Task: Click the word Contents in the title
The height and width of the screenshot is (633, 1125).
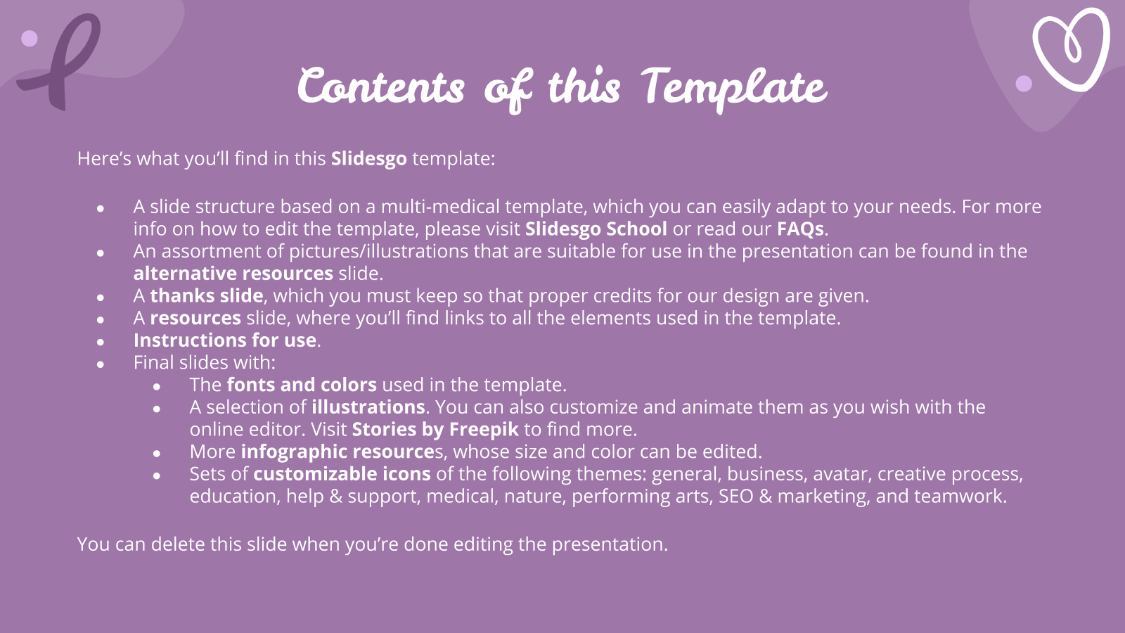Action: (x=381, y=86)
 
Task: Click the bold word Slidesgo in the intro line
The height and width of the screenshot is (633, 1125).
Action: (x=368, y=159)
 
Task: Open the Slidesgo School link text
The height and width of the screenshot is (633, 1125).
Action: (x=596, y=229)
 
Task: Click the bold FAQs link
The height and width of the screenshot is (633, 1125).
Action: (x=801, y=229)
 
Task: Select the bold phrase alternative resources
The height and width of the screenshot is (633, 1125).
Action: (x=233, y=274)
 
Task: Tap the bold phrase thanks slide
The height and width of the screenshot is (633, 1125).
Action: (x=207, y=295)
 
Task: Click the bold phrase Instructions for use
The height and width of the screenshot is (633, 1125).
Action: (x=224, y=340)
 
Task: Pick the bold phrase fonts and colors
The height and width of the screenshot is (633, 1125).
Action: (x=302, y=385)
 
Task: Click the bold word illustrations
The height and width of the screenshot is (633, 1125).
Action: (x=368, y=407)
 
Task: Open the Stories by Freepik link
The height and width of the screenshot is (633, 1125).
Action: (x=435, y=430)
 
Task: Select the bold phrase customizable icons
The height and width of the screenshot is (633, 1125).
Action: (x=342, y=474)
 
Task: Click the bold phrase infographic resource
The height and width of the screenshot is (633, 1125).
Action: (x=337, y=452)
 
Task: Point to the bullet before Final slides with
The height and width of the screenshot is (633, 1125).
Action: (x=101, y=364)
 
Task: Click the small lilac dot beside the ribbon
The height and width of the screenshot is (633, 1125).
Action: (x=29, y=38)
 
